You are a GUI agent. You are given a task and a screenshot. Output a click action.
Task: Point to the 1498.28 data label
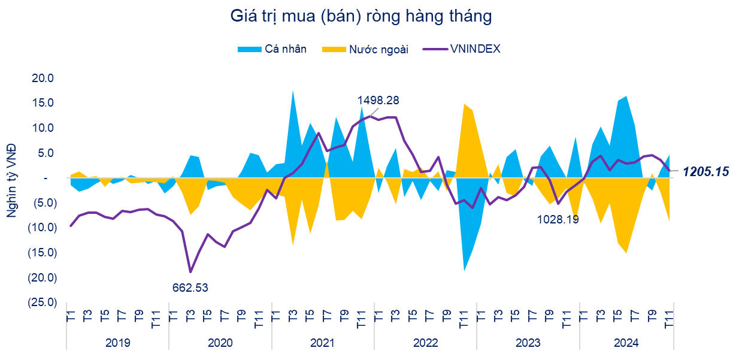click(x=378, y=100)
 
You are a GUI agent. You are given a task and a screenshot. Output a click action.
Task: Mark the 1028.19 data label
click(x=558, y=219)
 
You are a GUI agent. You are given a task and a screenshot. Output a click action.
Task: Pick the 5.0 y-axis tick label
click(x=47, y=153)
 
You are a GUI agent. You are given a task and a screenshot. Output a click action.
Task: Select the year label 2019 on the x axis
click(x=117, y=343)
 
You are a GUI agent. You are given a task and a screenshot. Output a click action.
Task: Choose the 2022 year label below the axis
click(x=425, y=343)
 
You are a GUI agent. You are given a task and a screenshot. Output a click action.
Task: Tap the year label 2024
click(x=626, y=343)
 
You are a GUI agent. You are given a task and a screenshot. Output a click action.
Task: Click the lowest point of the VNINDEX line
click(x=190, y=272)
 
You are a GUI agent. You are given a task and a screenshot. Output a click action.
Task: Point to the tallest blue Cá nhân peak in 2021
click(x=292, y=91)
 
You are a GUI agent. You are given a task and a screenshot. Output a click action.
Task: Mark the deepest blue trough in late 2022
click(x=464, y=270)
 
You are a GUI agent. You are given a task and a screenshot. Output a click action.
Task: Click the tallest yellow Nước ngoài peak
click(x=464, y=104)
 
